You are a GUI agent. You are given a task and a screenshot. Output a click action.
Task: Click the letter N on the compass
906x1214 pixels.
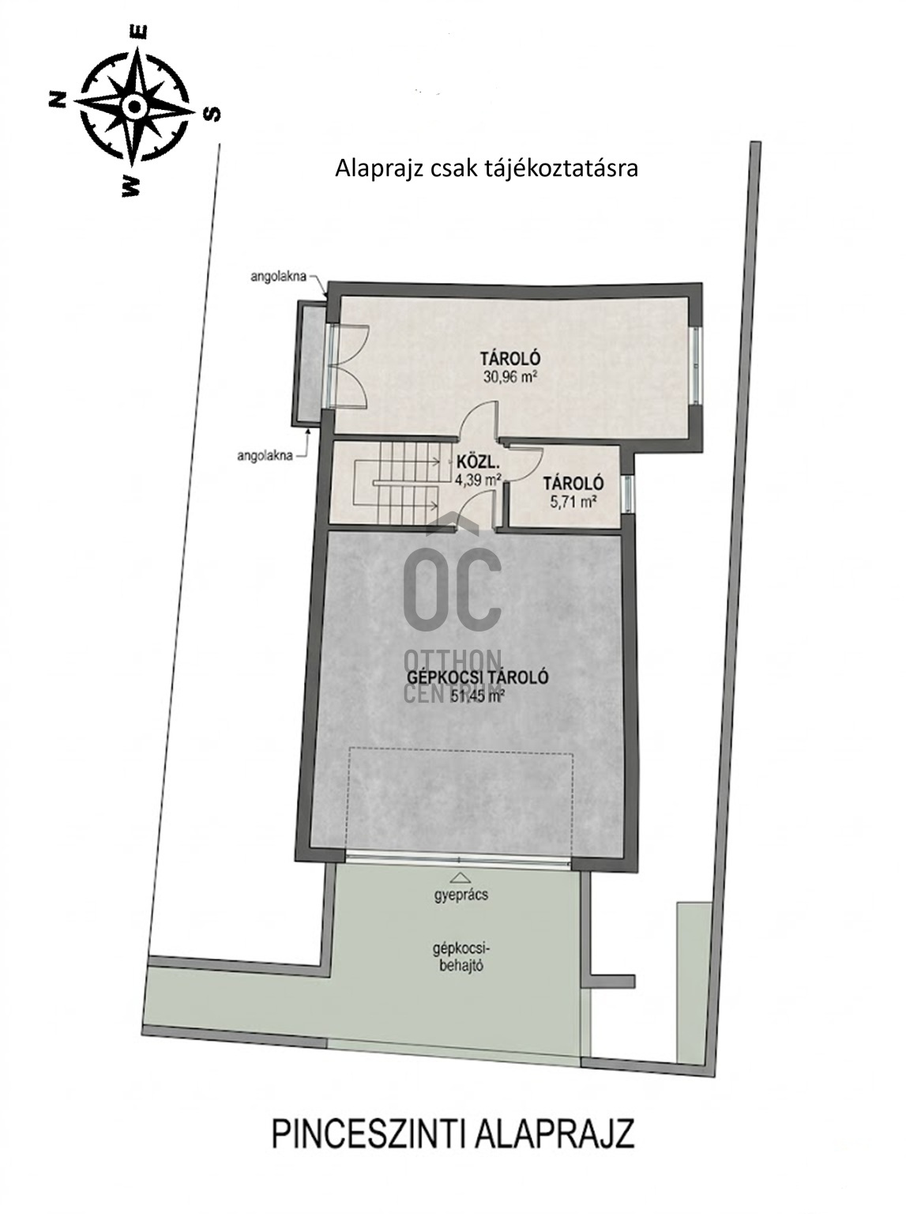coord(57,99)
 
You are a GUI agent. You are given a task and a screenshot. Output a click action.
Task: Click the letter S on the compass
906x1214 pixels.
coord(212,113)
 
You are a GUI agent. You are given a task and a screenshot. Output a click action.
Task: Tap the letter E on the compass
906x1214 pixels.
coord(141,33)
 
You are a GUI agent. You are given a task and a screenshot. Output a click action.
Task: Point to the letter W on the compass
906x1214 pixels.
coord(130,186)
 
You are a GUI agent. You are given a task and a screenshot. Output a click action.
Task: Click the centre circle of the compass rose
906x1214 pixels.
coord(133,106)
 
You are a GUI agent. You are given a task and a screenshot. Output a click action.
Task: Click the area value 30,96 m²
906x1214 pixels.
coord(510,377)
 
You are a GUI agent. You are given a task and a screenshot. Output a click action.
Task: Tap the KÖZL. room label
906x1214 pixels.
coord(471,461)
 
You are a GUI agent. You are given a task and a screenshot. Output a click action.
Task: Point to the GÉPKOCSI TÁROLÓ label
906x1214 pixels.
coord(478,677)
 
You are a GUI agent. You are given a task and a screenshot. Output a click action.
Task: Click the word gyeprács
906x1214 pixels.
coord(461,895)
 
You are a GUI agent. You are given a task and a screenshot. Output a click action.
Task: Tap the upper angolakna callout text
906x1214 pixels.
coord(278,277)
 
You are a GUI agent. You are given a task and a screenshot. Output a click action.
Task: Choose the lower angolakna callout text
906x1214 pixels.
coord(265,456)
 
